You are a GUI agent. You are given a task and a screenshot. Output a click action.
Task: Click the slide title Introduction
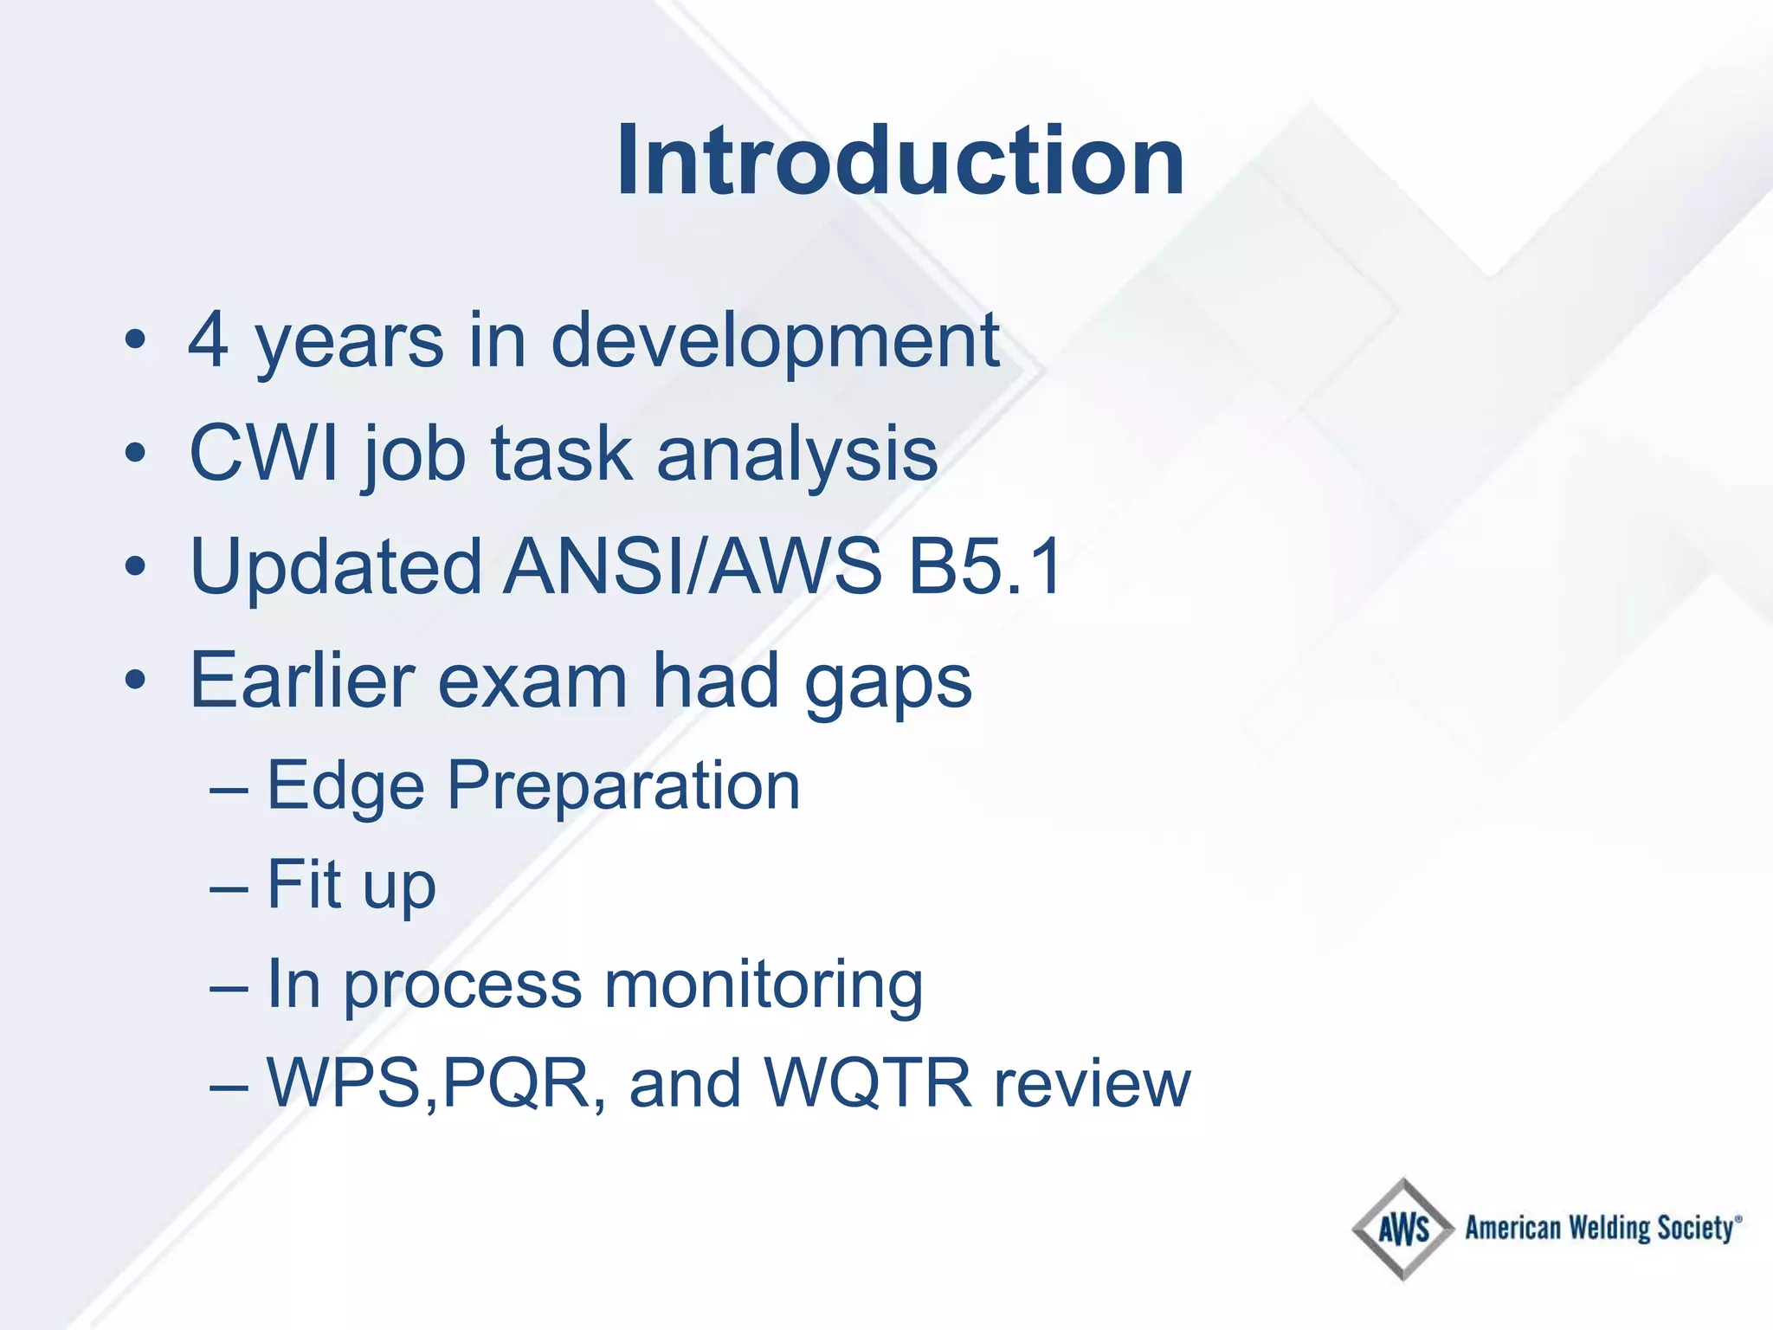[900, 162]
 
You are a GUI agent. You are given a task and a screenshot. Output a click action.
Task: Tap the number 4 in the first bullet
[210, 340]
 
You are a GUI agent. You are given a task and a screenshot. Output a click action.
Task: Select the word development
[775, 342]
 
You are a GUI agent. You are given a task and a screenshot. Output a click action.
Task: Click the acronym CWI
[264, 453]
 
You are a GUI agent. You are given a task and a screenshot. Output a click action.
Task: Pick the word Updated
[336, 567]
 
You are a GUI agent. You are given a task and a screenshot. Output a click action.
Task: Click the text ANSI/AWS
[693, 567]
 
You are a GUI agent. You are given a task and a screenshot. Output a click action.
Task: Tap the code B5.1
[984, 567]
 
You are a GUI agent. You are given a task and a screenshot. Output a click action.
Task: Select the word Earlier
[302, 681]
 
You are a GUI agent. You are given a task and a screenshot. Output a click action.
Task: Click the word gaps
[887, 684]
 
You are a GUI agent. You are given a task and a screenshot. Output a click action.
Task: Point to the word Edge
[345, 786]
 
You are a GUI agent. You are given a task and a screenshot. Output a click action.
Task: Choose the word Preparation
[623, 786]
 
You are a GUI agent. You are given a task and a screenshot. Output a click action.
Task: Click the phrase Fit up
[351, 885]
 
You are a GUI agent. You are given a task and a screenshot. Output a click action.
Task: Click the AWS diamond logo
[1402, 1229]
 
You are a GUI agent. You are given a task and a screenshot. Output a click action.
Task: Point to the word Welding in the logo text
[1609, 1228]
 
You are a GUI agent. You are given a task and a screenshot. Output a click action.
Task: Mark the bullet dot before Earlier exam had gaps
[135, 681]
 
